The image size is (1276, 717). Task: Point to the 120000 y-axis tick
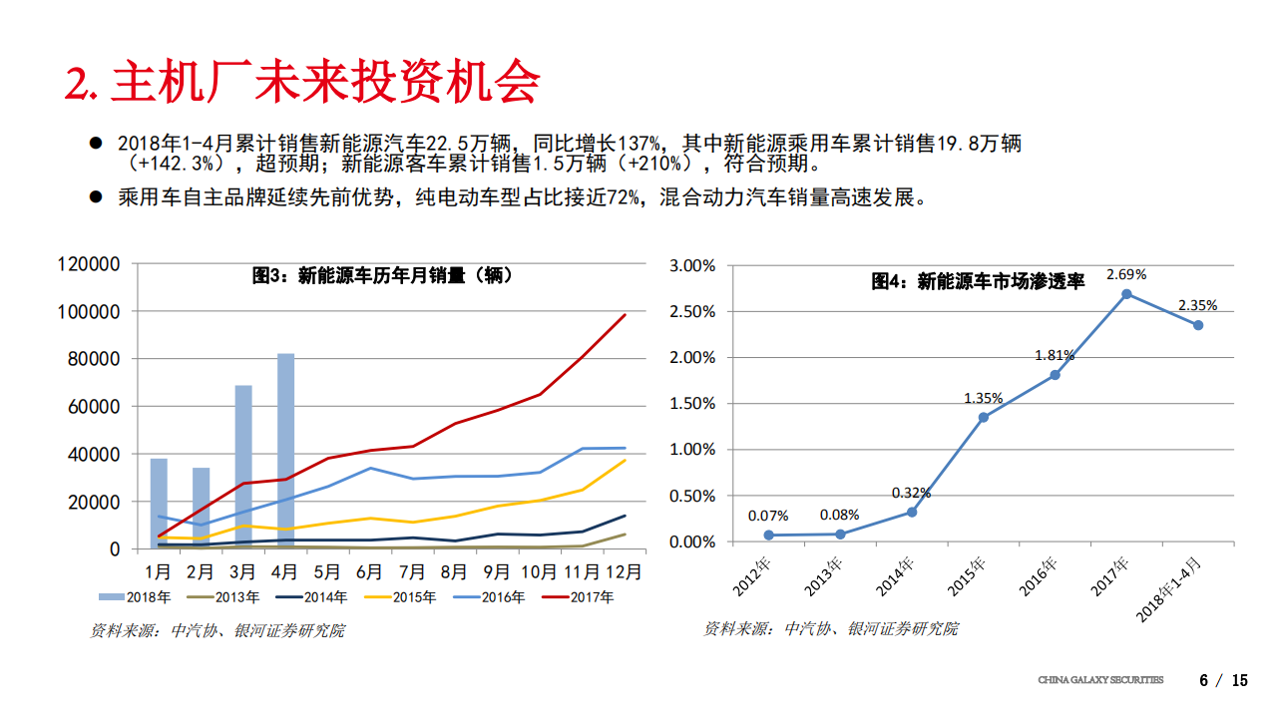[x=90, y=264]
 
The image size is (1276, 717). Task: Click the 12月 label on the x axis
[x=627, y=572]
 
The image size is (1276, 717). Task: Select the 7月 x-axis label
[x=413, y=572]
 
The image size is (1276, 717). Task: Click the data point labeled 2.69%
[x=1126, y=294]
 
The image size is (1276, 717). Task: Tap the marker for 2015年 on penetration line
[x=983, y=417]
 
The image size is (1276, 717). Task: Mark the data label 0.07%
[x=768, y=516]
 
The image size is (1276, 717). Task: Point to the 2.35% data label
[x=1197, y=305]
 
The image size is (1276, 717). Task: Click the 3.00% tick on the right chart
[x=692, y=266]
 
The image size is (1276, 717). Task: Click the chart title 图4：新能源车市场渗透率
[x=978, y=282]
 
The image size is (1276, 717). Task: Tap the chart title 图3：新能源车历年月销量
[x=382, y=275]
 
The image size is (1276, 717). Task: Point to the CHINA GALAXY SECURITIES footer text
[x=1100, y=680]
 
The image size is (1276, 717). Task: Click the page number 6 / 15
[x=1223, y=681]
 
